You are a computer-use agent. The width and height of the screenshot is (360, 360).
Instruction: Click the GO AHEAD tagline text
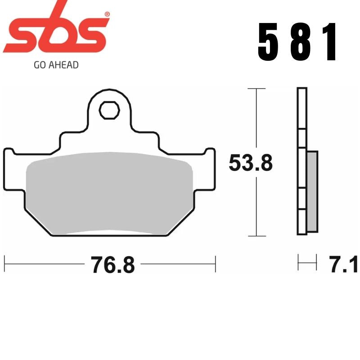point(56,65)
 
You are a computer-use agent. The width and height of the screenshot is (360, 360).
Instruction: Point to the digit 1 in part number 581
point(330,42)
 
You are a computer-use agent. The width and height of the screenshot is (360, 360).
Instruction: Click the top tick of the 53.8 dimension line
point(256,89)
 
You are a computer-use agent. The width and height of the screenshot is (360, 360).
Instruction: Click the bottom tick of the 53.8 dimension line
point(256,235)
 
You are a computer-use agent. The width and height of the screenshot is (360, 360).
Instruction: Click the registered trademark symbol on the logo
point(107,15)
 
